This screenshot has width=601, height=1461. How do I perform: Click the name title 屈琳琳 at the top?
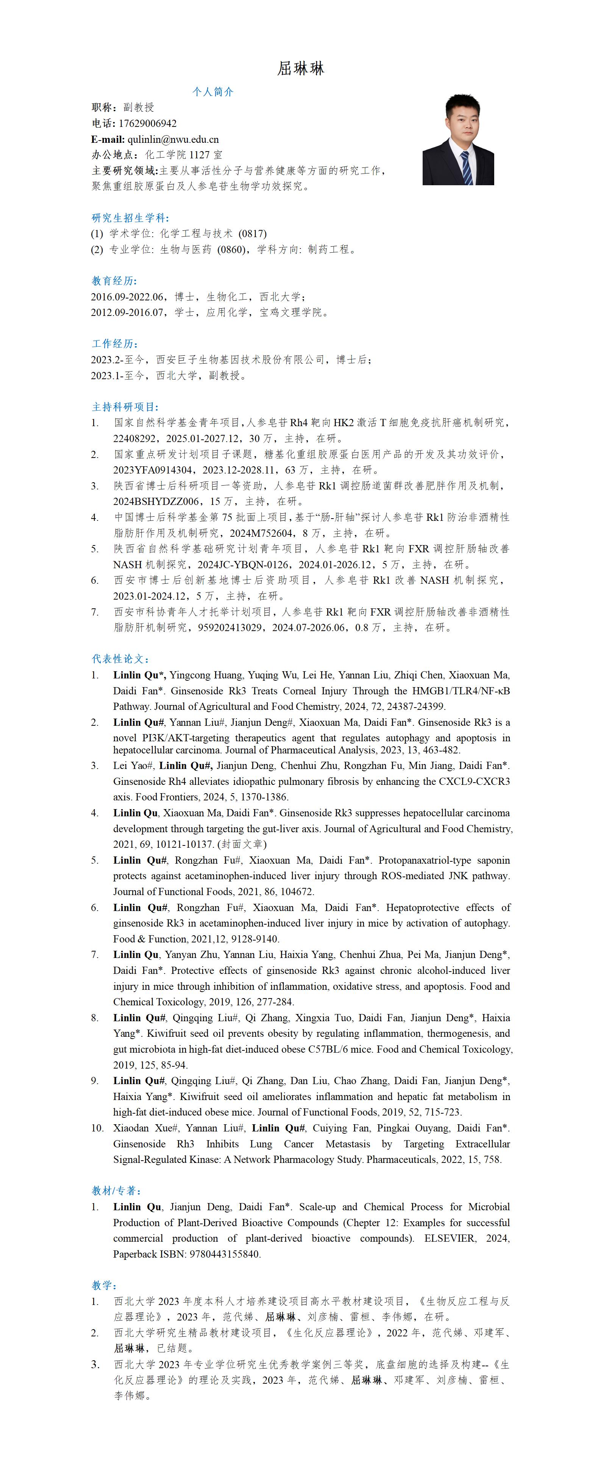301,69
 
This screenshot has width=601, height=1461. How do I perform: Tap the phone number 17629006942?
147,123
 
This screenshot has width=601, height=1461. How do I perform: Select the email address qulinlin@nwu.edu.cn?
173,139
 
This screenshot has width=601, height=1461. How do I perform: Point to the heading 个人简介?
212,92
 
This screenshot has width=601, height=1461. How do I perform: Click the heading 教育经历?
114,281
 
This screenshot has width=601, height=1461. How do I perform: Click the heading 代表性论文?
120,659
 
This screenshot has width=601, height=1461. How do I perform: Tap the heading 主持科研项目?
125,407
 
